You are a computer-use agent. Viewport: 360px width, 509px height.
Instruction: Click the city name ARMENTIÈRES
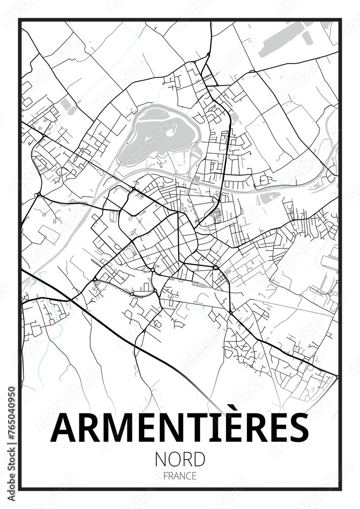point(180,428)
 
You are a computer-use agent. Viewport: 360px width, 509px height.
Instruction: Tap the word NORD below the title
point(180,459)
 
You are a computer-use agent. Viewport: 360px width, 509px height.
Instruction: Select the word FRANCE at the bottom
point(180,476)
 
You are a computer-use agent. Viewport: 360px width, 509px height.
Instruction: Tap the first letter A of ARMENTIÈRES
point(63,428)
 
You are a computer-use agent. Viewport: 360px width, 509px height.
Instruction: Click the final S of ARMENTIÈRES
point(298,428)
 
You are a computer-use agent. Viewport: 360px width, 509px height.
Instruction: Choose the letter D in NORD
point(199,459)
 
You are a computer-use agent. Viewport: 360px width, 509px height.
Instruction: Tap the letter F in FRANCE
point(166,476)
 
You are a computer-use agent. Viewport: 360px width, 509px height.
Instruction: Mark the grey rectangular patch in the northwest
point(67,105)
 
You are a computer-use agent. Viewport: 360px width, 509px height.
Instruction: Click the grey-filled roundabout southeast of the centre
point(216,267)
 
